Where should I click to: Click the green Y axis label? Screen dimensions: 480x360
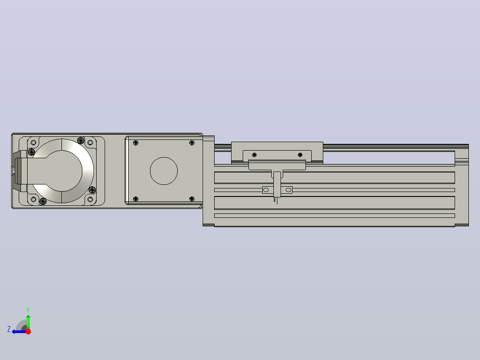pos(28,310)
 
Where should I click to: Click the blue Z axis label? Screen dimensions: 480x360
pos(9,329)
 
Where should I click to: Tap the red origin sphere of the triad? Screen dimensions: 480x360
pos(28,331)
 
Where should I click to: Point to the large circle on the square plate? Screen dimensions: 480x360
pos(164,171)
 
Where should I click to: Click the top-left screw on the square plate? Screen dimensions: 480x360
pos(136,143)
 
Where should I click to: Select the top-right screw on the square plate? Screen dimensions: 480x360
pos(192,143)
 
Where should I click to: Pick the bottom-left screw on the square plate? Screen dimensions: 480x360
pos(136,199)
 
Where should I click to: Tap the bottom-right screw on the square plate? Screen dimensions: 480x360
pos(192,199)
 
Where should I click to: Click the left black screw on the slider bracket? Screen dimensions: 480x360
pos(254,155)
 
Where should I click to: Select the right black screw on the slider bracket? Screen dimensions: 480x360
pos(300,155)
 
